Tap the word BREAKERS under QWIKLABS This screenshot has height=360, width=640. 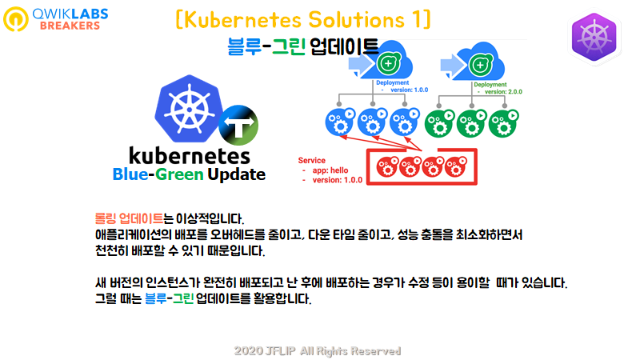pyautogui.click(x=70, y=25)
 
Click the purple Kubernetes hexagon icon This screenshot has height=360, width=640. pyautogui.click(x=597, y=38)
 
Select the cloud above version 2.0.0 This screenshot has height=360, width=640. pyautogui.click(x=480, y=61)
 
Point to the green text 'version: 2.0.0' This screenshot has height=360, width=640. pyautogui.click(x=498, y=92)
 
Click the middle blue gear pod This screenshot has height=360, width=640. pyautogui.click(x=371, y=122)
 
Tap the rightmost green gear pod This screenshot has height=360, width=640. pyautogui.click(x=502, y=122)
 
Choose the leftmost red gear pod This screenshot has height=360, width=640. pyautogui.click(x=387, y=166)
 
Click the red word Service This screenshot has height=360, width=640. pyautogui.click(x=312, y=160)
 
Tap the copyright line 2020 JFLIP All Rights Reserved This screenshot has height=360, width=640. pyautogui.click(x=318, y=350)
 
